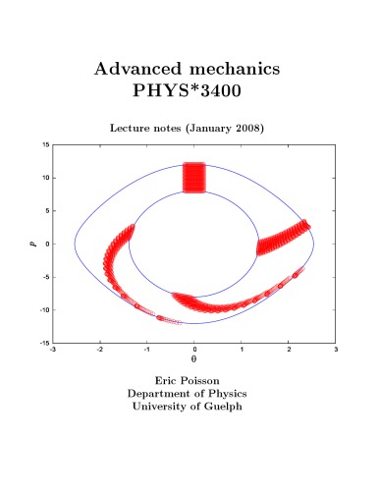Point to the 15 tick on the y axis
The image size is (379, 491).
[45, 144]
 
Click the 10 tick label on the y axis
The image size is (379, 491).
[45, 178]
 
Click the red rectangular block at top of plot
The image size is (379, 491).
[194, 178]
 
